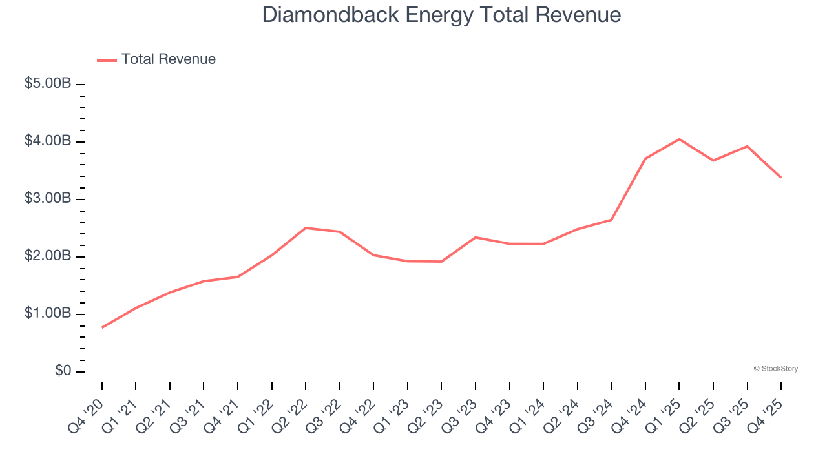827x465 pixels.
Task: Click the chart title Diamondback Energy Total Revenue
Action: tap(441, 15)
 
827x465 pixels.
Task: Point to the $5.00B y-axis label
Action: tap(48, 84)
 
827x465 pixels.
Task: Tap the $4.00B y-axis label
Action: tap(48, 141)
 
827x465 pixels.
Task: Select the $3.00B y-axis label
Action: tap(48, 199)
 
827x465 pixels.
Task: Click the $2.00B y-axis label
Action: tap(48, 256)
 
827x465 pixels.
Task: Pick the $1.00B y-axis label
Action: tap(48, 314)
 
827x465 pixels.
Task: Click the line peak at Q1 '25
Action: tap(679, 139)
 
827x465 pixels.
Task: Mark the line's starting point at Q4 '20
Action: tap(102, 327)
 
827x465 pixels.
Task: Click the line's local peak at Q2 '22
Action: tap(306, 227)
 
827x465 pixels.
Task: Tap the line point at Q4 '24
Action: tap(645, 158)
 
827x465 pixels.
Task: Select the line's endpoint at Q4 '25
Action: tap(781, 178)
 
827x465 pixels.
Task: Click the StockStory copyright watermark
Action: tap(775, 369)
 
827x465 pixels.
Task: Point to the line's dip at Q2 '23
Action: tap(441, 262)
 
